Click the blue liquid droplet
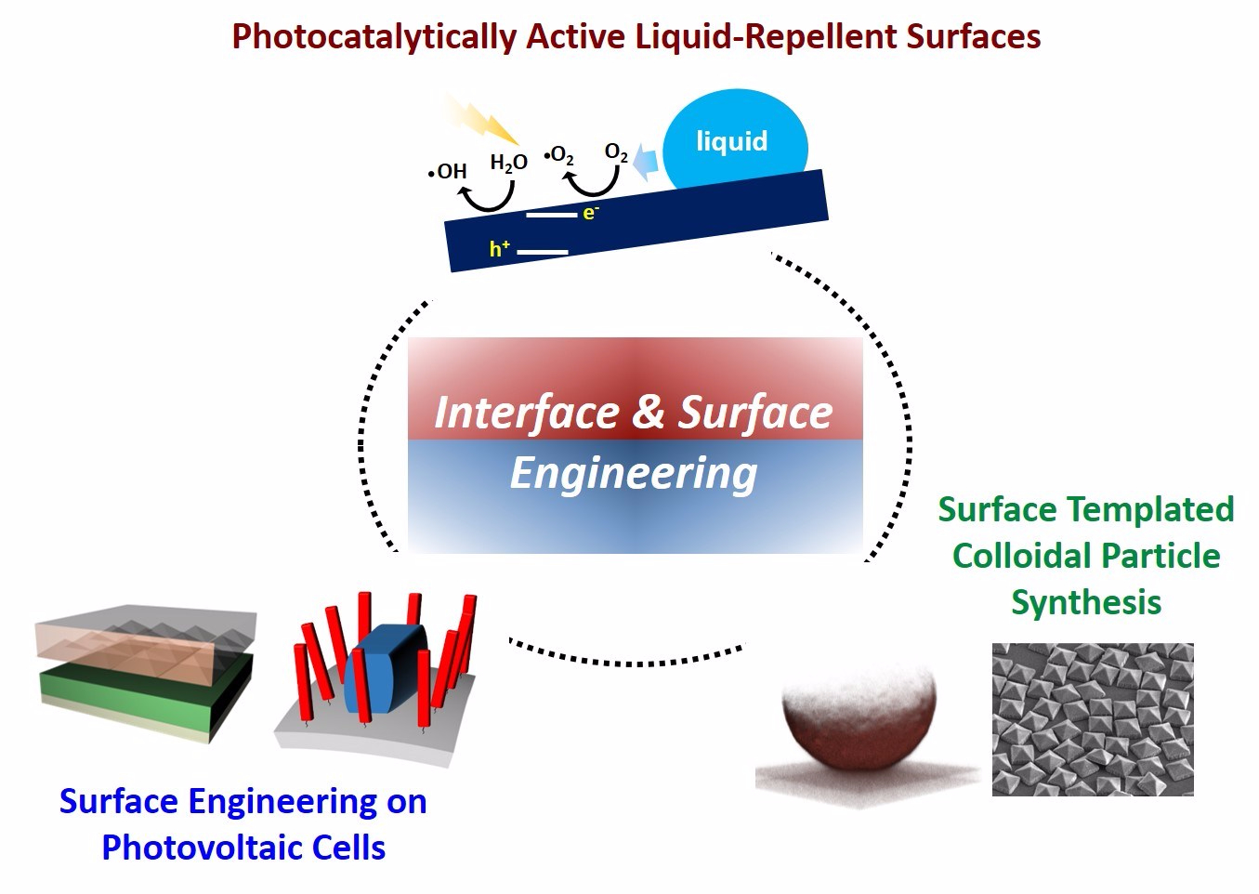734,139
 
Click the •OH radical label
449,171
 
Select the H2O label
508,164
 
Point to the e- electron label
590,213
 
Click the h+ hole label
500,248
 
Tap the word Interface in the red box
526,412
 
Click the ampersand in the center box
649,412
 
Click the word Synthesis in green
1085,602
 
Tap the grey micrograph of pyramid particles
1093,719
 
